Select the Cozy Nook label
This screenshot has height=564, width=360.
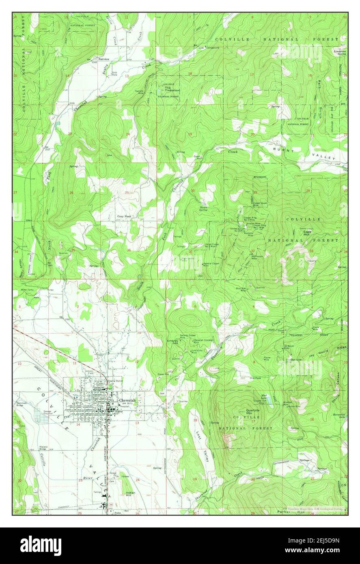click(x=125, y=217)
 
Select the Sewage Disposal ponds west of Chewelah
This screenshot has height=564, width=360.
click(x=41, y=415)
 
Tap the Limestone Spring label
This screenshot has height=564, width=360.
click(x=339, y=53)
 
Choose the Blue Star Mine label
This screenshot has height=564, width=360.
click(x=241, y=289)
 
